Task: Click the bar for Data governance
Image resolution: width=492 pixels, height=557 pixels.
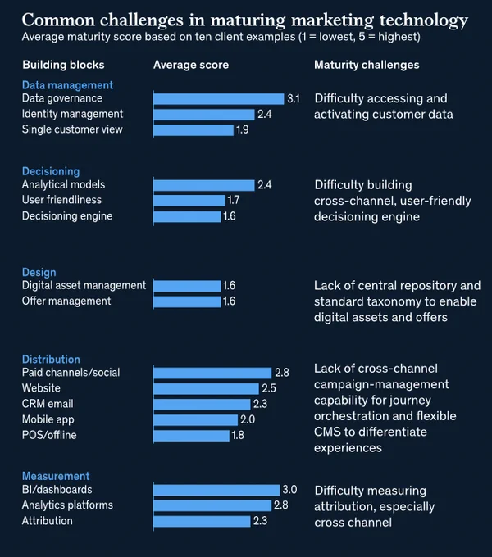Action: tap(219, 98)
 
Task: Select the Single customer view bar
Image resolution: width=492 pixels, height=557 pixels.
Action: tap(194, 129)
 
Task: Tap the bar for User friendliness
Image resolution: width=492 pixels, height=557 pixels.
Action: tap(189, 201)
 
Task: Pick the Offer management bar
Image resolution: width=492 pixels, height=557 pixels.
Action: tap(187, 301)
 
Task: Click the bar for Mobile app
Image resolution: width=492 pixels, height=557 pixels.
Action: tap(195, 420)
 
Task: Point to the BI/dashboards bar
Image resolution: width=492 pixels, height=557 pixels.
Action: tap(216, 490)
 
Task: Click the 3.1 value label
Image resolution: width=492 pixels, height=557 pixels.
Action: tap(294, 99)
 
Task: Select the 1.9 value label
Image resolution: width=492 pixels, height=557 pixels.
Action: tap(243, 129)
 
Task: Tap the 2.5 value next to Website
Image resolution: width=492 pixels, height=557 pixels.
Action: tap(269, 388)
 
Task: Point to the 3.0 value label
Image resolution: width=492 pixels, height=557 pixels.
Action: tap(289, 490)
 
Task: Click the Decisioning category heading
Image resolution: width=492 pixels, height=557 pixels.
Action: tap(51, 171)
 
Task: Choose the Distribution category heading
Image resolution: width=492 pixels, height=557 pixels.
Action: tap(51, 359)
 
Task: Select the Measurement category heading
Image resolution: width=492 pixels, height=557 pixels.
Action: tap(56, 476)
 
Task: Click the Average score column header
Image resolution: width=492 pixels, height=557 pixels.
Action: tap(191, 65)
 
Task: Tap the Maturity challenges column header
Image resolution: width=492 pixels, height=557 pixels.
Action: tap(367, 65)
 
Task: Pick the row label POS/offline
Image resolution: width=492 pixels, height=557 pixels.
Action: tap(49, 435)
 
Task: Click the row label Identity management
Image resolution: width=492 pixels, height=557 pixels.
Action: tap(72, 114)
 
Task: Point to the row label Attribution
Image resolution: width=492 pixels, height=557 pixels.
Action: tap(48, 521)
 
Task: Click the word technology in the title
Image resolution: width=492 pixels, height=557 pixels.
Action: tap(424, 20)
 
